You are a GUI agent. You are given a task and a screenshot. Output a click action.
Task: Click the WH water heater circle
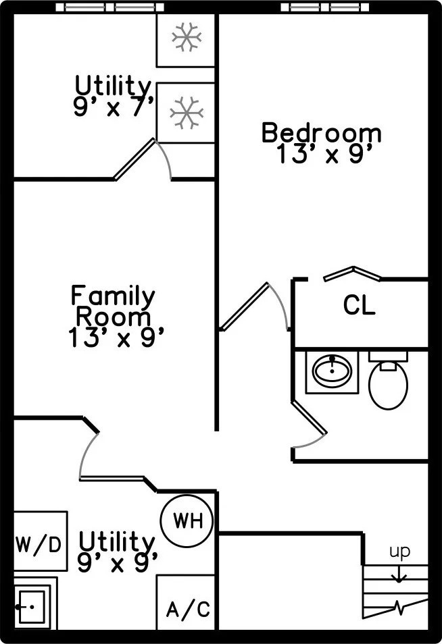click(x=187, y=520)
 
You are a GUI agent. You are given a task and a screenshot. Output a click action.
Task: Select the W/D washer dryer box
click(x=40, y=542)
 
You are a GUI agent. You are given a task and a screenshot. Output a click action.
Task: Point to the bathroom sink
click(x=331, y=371)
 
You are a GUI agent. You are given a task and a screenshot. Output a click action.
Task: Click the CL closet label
click(x=359, y=306)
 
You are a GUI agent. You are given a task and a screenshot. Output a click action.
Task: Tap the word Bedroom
click(x=321, y=132)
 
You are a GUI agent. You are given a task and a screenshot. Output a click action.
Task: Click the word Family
click(x=113, y=295)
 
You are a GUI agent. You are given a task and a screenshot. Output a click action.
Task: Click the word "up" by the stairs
click(x=399, y=552)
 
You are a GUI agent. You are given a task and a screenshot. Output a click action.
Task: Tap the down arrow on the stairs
click(x=399, y=573)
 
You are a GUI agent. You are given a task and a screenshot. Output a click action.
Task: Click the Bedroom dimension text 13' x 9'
click(x=325, y=154)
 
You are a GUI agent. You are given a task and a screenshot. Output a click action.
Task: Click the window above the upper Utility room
click(x=109, y=7)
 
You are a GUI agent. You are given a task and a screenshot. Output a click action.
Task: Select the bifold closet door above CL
click(x=352, y=273)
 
